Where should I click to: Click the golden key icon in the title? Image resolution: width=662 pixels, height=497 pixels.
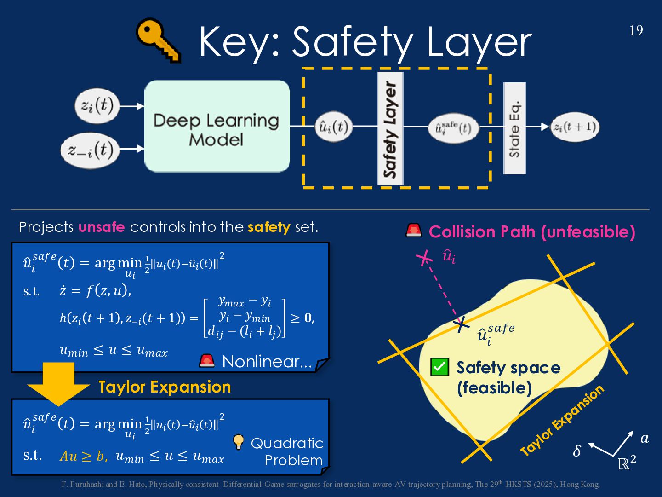158,40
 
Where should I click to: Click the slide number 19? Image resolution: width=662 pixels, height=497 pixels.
636,31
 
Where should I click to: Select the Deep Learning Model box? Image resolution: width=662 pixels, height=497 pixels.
217,127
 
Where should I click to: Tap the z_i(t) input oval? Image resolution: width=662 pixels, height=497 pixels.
97,106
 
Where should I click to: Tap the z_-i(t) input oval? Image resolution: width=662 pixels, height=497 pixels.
91,150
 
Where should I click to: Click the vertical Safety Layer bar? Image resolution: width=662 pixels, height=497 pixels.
390,128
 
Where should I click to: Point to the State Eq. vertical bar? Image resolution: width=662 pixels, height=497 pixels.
514,128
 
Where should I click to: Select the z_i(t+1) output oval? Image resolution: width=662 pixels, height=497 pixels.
575,127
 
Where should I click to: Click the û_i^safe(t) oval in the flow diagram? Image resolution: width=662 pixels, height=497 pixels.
453,128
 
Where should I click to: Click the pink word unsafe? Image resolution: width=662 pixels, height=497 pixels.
102,227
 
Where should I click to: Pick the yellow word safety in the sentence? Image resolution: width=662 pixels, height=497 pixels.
269,227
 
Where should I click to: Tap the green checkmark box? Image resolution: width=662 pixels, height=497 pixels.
439,367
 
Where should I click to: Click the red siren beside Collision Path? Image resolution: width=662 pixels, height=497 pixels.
414,230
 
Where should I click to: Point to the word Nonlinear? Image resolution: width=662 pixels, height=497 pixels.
267,362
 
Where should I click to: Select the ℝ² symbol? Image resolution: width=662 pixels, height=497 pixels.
627,462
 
